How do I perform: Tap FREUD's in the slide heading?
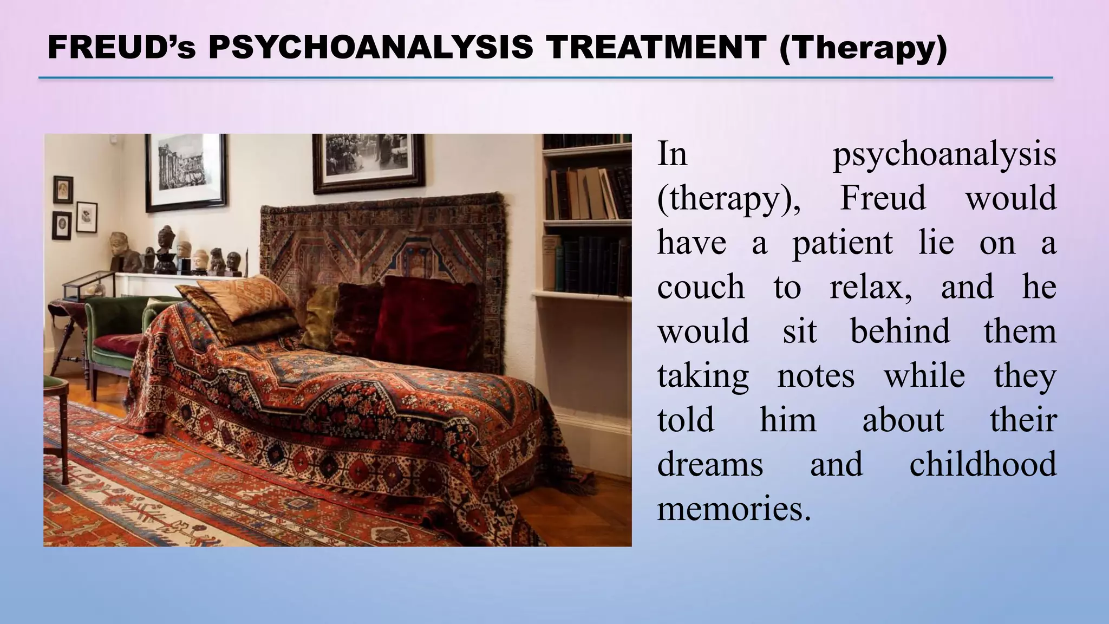(121, 48)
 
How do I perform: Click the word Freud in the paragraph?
(883, 198)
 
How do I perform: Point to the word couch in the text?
(701, 287)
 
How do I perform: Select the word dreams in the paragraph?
(710, 464)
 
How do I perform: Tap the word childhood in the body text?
(982, 464)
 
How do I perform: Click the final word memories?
(734, 509)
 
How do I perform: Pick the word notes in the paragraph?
(816, 375)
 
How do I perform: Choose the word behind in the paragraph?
(900, 331)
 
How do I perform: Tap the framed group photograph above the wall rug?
(368, 160)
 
